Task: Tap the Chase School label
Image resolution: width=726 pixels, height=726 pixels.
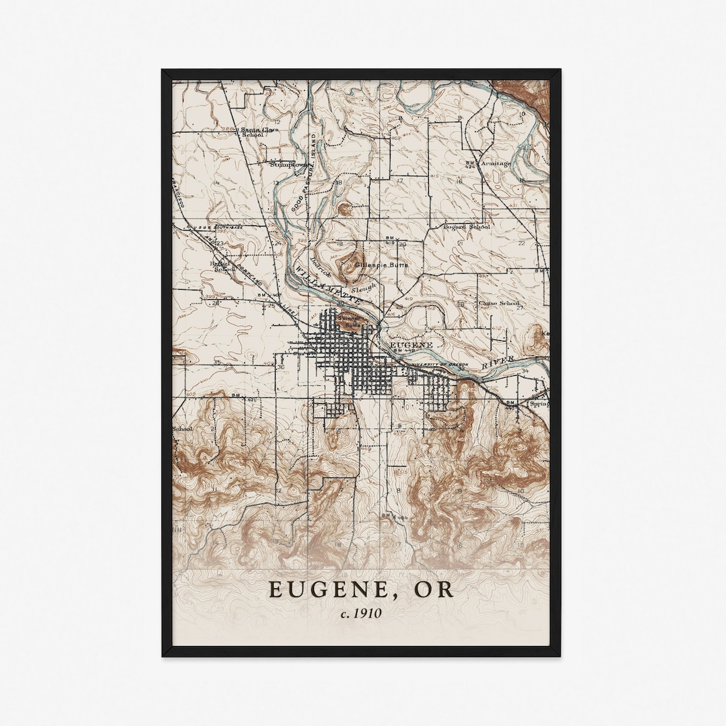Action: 498,303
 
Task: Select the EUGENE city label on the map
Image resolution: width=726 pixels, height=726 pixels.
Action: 413,344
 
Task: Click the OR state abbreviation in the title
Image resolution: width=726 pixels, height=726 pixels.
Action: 434,590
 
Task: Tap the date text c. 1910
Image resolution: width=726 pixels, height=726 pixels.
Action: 362,613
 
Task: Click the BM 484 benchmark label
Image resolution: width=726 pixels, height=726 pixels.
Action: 394,516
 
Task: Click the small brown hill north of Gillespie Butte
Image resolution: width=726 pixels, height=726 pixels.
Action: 345,209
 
